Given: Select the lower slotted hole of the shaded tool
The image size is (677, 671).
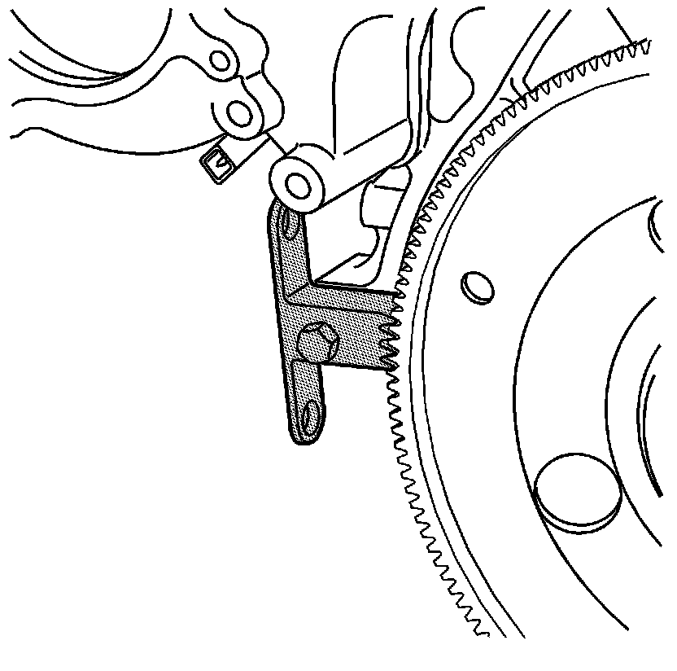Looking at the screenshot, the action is pyautogui.click(x=309, y=418).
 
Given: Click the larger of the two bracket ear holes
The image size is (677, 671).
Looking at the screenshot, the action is pyautogui.click(x=240, y=112).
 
